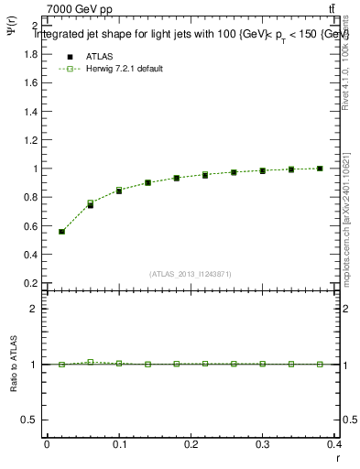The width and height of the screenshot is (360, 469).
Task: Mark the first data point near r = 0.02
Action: (x=61, y=232)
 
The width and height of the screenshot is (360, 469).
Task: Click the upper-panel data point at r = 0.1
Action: (x=119, y=191)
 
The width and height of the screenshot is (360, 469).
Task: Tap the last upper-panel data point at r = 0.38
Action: (x=320, y=169)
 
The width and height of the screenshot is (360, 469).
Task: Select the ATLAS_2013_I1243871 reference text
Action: (x=191, y=274)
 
